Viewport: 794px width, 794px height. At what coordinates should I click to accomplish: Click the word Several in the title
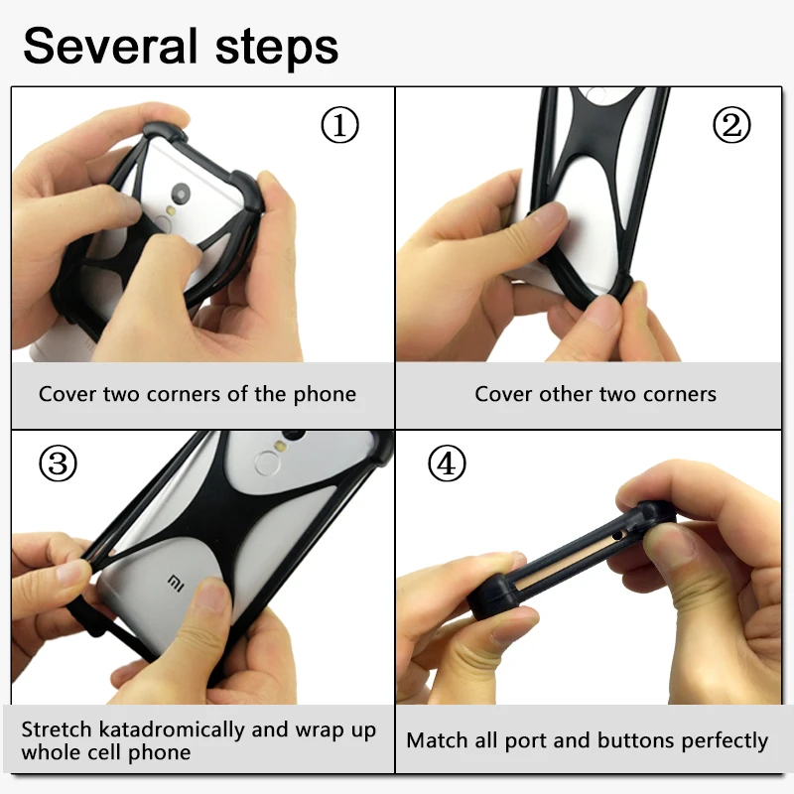pos(110,46)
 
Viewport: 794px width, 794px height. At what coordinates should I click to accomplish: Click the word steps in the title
pos(277,49)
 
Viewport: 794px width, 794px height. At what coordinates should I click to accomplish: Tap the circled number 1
pos(339,125)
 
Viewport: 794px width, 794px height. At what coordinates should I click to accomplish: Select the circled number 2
pos(731,125)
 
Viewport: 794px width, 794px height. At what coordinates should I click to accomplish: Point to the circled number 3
pos(58,463)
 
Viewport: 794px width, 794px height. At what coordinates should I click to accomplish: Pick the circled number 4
pos(447,463)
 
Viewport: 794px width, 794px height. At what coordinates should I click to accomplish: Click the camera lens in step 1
pos(181,193)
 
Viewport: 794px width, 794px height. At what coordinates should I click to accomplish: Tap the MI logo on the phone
pos(176,583)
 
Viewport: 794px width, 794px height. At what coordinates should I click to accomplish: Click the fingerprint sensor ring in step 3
pos(267,463)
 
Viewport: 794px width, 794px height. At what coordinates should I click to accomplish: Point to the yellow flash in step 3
pos(278,445)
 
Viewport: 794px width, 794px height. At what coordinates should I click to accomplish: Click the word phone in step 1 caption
pos(325,394)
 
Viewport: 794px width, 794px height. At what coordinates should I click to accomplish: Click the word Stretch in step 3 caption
pos(57,729)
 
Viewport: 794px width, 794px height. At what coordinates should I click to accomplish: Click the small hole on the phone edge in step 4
pos(617,535)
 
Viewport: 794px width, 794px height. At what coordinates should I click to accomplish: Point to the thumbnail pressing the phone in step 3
pos(211,594)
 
